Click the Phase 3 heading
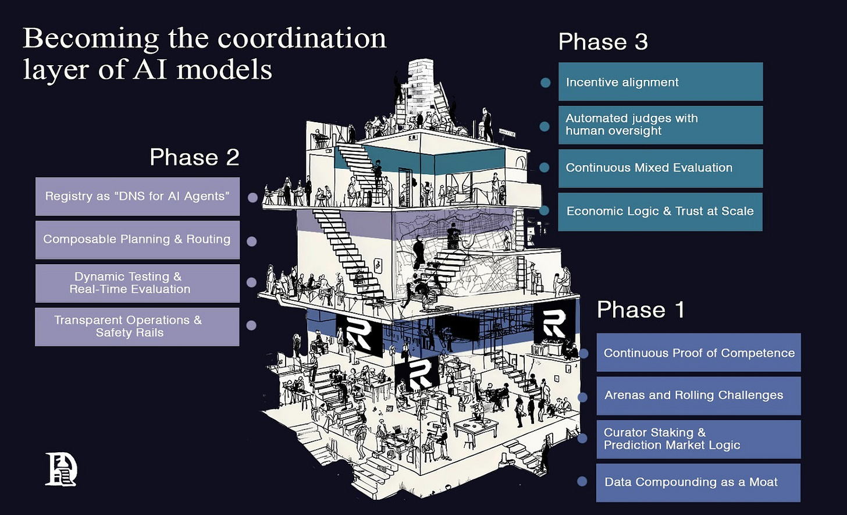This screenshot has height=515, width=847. coord(603,42)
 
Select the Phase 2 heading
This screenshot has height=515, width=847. coord(194,157)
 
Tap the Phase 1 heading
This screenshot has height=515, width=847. coord(640,310)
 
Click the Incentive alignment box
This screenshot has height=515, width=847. coord(660,82)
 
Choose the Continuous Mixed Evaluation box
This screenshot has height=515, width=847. coord(660,168)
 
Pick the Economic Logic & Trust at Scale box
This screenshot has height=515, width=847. coord(660,211)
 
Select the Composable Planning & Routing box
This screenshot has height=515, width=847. coord(137,240)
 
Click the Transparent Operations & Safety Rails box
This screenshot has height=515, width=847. coord(137,326)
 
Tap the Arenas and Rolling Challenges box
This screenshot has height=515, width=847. coord(698,396)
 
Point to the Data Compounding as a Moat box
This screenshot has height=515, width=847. coord(698,482)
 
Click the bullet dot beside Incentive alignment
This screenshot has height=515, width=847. coord(545,83)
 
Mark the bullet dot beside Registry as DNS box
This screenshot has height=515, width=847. coord(252,198)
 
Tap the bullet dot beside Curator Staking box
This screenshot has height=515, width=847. coord(582,439)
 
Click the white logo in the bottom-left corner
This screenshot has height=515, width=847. coord(61,468)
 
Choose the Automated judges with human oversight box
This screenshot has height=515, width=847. coord(660,125)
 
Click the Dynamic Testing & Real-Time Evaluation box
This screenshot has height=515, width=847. coord(137,283)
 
